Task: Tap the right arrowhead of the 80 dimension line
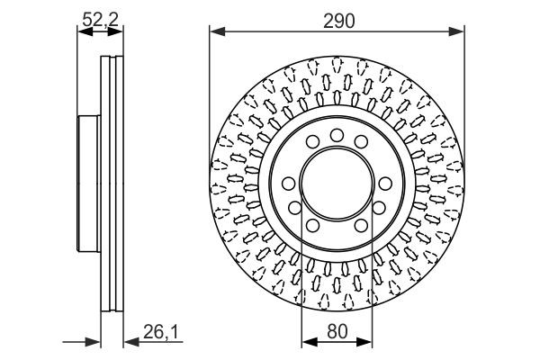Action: click(x=368, y=342)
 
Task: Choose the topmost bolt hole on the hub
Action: click(x=337, y=135)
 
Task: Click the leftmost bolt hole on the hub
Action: click(x=288, y=184)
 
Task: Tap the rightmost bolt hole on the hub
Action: click(x=385, y=184)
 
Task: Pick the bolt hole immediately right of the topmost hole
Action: click(x=361, y=142)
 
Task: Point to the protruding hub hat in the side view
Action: click(x=87, y=184)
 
